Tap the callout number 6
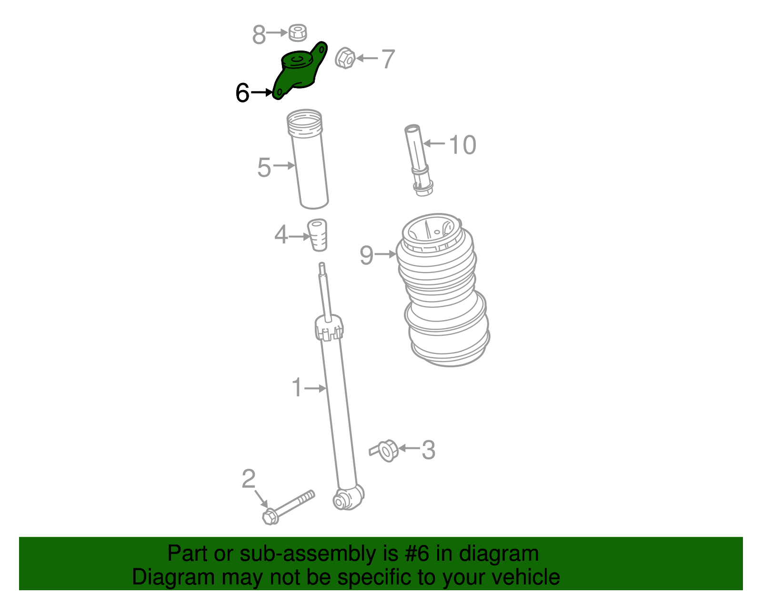pos(242,93)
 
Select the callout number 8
pos(259,34)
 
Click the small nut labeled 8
pos(298,32)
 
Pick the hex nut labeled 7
pos(345,59)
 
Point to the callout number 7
pos(388,59)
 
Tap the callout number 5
pos(264,168)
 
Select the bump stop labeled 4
pos(318,234)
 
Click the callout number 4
pos(281,235)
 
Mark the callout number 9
pos(366,255)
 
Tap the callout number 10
pos(462,145)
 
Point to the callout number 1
pos(297,388)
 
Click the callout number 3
pos(428,450)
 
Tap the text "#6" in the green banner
pos(416,554)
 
